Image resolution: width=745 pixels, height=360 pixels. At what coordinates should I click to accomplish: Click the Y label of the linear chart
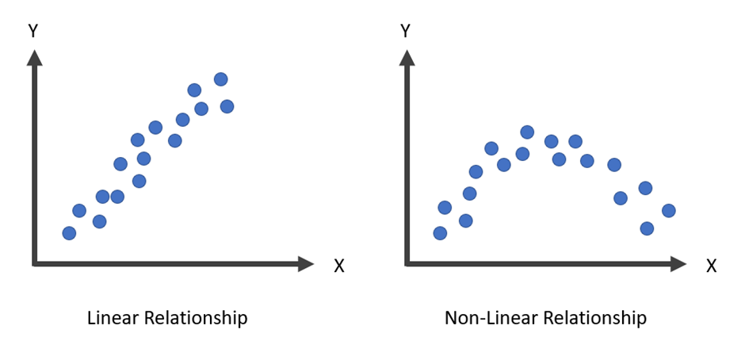[32, 32]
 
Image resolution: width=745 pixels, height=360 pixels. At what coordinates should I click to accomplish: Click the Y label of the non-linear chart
[405, 32]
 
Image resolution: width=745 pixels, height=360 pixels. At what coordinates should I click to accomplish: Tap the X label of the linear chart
[338, 266]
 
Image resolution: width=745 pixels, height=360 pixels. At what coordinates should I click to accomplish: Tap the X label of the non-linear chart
[711, 266]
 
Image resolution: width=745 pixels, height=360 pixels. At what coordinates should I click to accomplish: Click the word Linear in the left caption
[112, 318]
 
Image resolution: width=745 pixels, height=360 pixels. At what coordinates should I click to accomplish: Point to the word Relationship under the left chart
[195, 319]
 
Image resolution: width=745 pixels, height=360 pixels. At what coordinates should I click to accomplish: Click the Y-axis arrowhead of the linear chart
[34, 56]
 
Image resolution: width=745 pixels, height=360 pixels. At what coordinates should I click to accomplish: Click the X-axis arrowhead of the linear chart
[305, 263]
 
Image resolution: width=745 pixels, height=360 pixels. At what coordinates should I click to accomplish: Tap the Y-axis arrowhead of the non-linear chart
[407, 56]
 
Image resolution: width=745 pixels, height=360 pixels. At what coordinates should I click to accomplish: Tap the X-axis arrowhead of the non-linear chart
[678, 263]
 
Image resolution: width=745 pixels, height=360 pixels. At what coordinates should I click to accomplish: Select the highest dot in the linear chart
[220, 79]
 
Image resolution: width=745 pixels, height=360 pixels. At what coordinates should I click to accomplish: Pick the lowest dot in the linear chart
[69, 233]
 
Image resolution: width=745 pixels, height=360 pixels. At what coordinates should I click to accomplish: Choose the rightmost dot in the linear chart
[227, 106]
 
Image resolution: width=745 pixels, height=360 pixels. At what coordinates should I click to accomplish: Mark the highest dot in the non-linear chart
[527, 132]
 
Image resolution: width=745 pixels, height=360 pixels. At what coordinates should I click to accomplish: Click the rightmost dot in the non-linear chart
[668, 210]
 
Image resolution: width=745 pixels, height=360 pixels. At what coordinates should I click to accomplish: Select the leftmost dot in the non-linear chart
[441, 233]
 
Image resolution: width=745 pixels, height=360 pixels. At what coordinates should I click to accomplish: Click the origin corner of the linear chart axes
[34, 263]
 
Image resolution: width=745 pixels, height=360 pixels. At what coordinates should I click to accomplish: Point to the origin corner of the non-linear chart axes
[407, 263]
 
